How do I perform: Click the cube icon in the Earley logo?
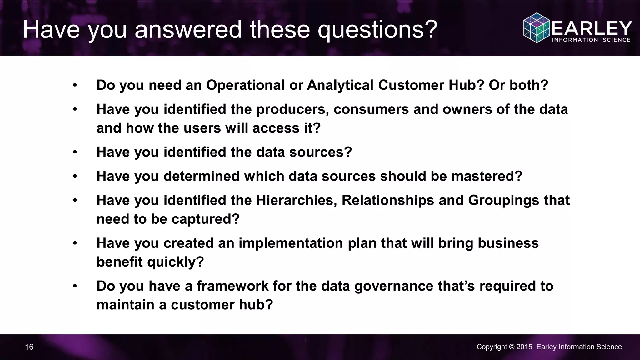537,28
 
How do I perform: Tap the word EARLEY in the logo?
592,28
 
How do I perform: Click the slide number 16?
29,347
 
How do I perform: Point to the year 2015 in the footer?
524,347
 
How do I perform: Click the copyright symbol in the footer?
512,347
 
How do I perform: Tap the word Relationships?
388,200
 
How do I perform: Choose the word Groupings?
503,200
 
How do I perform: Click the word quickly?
175,262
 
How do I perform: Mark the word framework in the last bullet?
232,286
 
